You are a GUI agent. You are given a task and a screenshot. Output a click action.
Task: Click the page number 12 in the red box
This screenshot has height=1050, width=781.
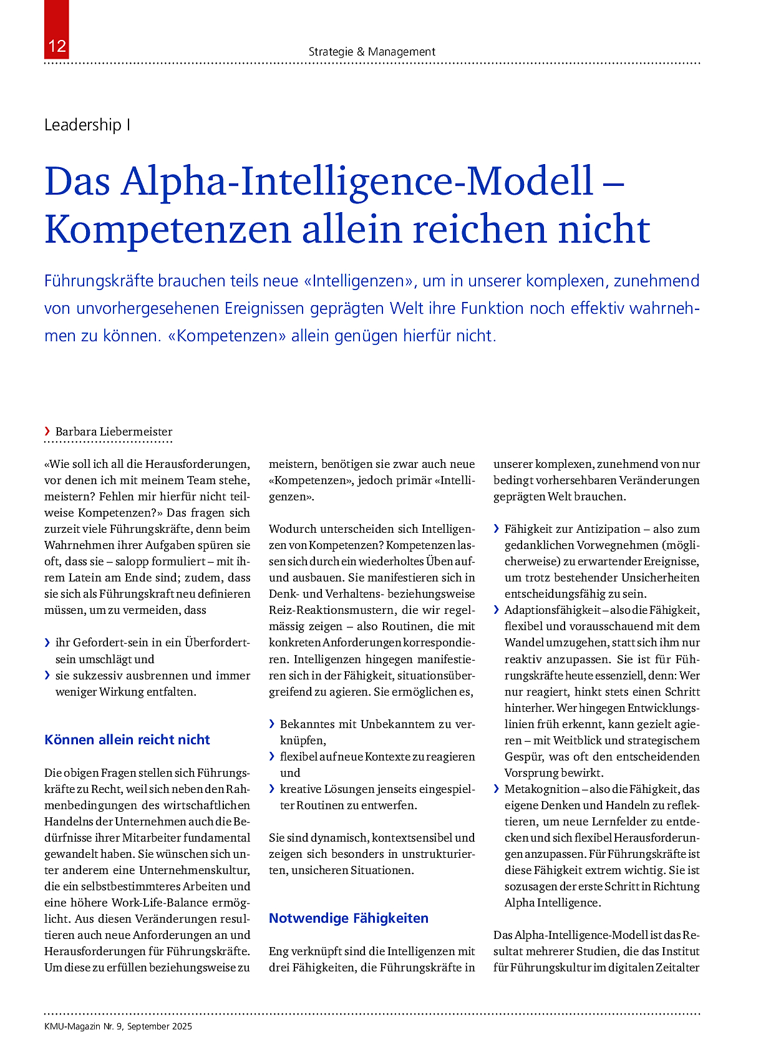tap(57, 46)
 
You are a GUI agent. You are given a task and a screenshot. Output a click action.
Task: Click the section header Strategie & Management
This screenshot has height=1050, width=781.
tap(372, 52)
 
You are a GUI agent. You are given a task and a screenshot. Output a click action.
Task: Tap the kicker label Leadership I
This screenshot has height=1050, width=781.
tap(87, 125)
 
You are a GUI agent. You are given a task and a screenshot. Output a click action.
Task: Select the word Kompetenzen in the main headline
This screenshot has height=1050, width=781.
tap(168, 229)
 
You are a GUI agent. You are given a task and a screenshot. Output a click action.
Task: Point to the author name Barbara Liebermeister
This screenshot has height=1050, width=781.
tap(114, 432)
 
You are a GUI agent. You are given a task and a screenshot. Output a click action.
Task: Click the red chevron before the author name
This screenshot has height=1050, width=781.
tap(47, 431)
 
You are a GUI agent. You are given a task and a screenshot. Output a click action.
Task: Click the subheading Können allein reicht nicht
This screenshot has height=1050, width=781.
tap(127, 740)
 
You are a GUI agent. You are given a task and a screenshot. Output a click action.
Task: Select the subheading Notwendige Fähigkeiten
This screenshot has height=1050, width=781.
tap(349, 918)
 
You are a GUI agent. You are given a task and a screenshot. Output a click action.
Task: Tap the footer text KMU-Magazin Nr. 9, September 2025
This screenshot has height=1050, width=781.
tap(119, 1026)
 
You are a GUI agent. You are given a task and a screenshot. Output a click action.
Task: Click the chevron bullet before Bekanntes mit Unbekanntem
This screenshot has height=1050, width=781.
tap(272, 724)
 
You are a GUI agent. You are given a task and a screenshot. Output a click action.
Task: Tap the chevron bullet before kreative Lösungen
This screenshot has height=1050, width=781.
tap(272, 789)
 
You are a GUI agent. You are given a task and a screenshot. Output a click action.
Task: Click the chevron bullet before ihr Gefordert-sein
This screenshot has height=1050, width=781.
tap(47, 643)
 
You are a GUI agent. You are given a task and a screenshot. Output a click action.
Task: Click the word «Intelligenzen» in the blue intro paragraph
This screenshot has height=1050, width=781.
tap(359, 281)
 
